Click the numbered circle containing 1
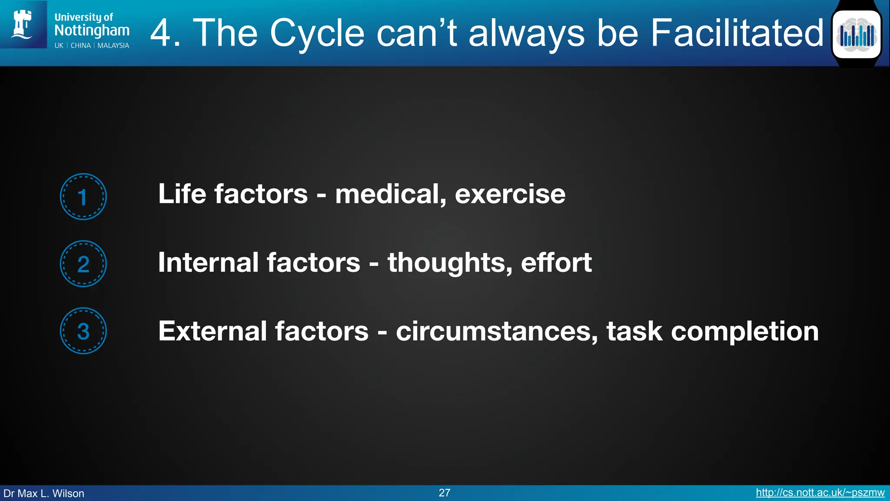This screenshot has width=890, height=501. coord(83,197)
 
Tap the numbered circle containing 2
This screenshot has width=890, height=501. coord(83,264)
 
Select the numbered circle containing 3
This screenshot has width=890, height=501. coord(83,331)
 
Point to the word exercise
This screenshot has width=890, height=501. coord(510,194)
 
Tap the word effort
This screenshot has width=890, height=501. coord(556,263)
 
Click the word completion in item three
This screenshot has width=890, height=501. coord(744,331)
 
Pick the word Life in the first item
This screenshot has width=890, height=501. coord(182,194)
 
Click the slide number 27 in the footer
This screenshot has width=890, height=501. coord(444,493)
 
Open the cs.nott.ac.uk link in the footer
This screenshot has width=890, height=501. coord(820,493)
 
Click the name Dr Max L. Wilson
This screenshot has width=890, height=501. coord(44,493)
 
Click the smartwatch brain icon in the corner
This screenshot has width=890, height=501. coord(857,34)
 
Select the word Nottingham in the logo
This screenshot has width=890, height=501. coord(92,30)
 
